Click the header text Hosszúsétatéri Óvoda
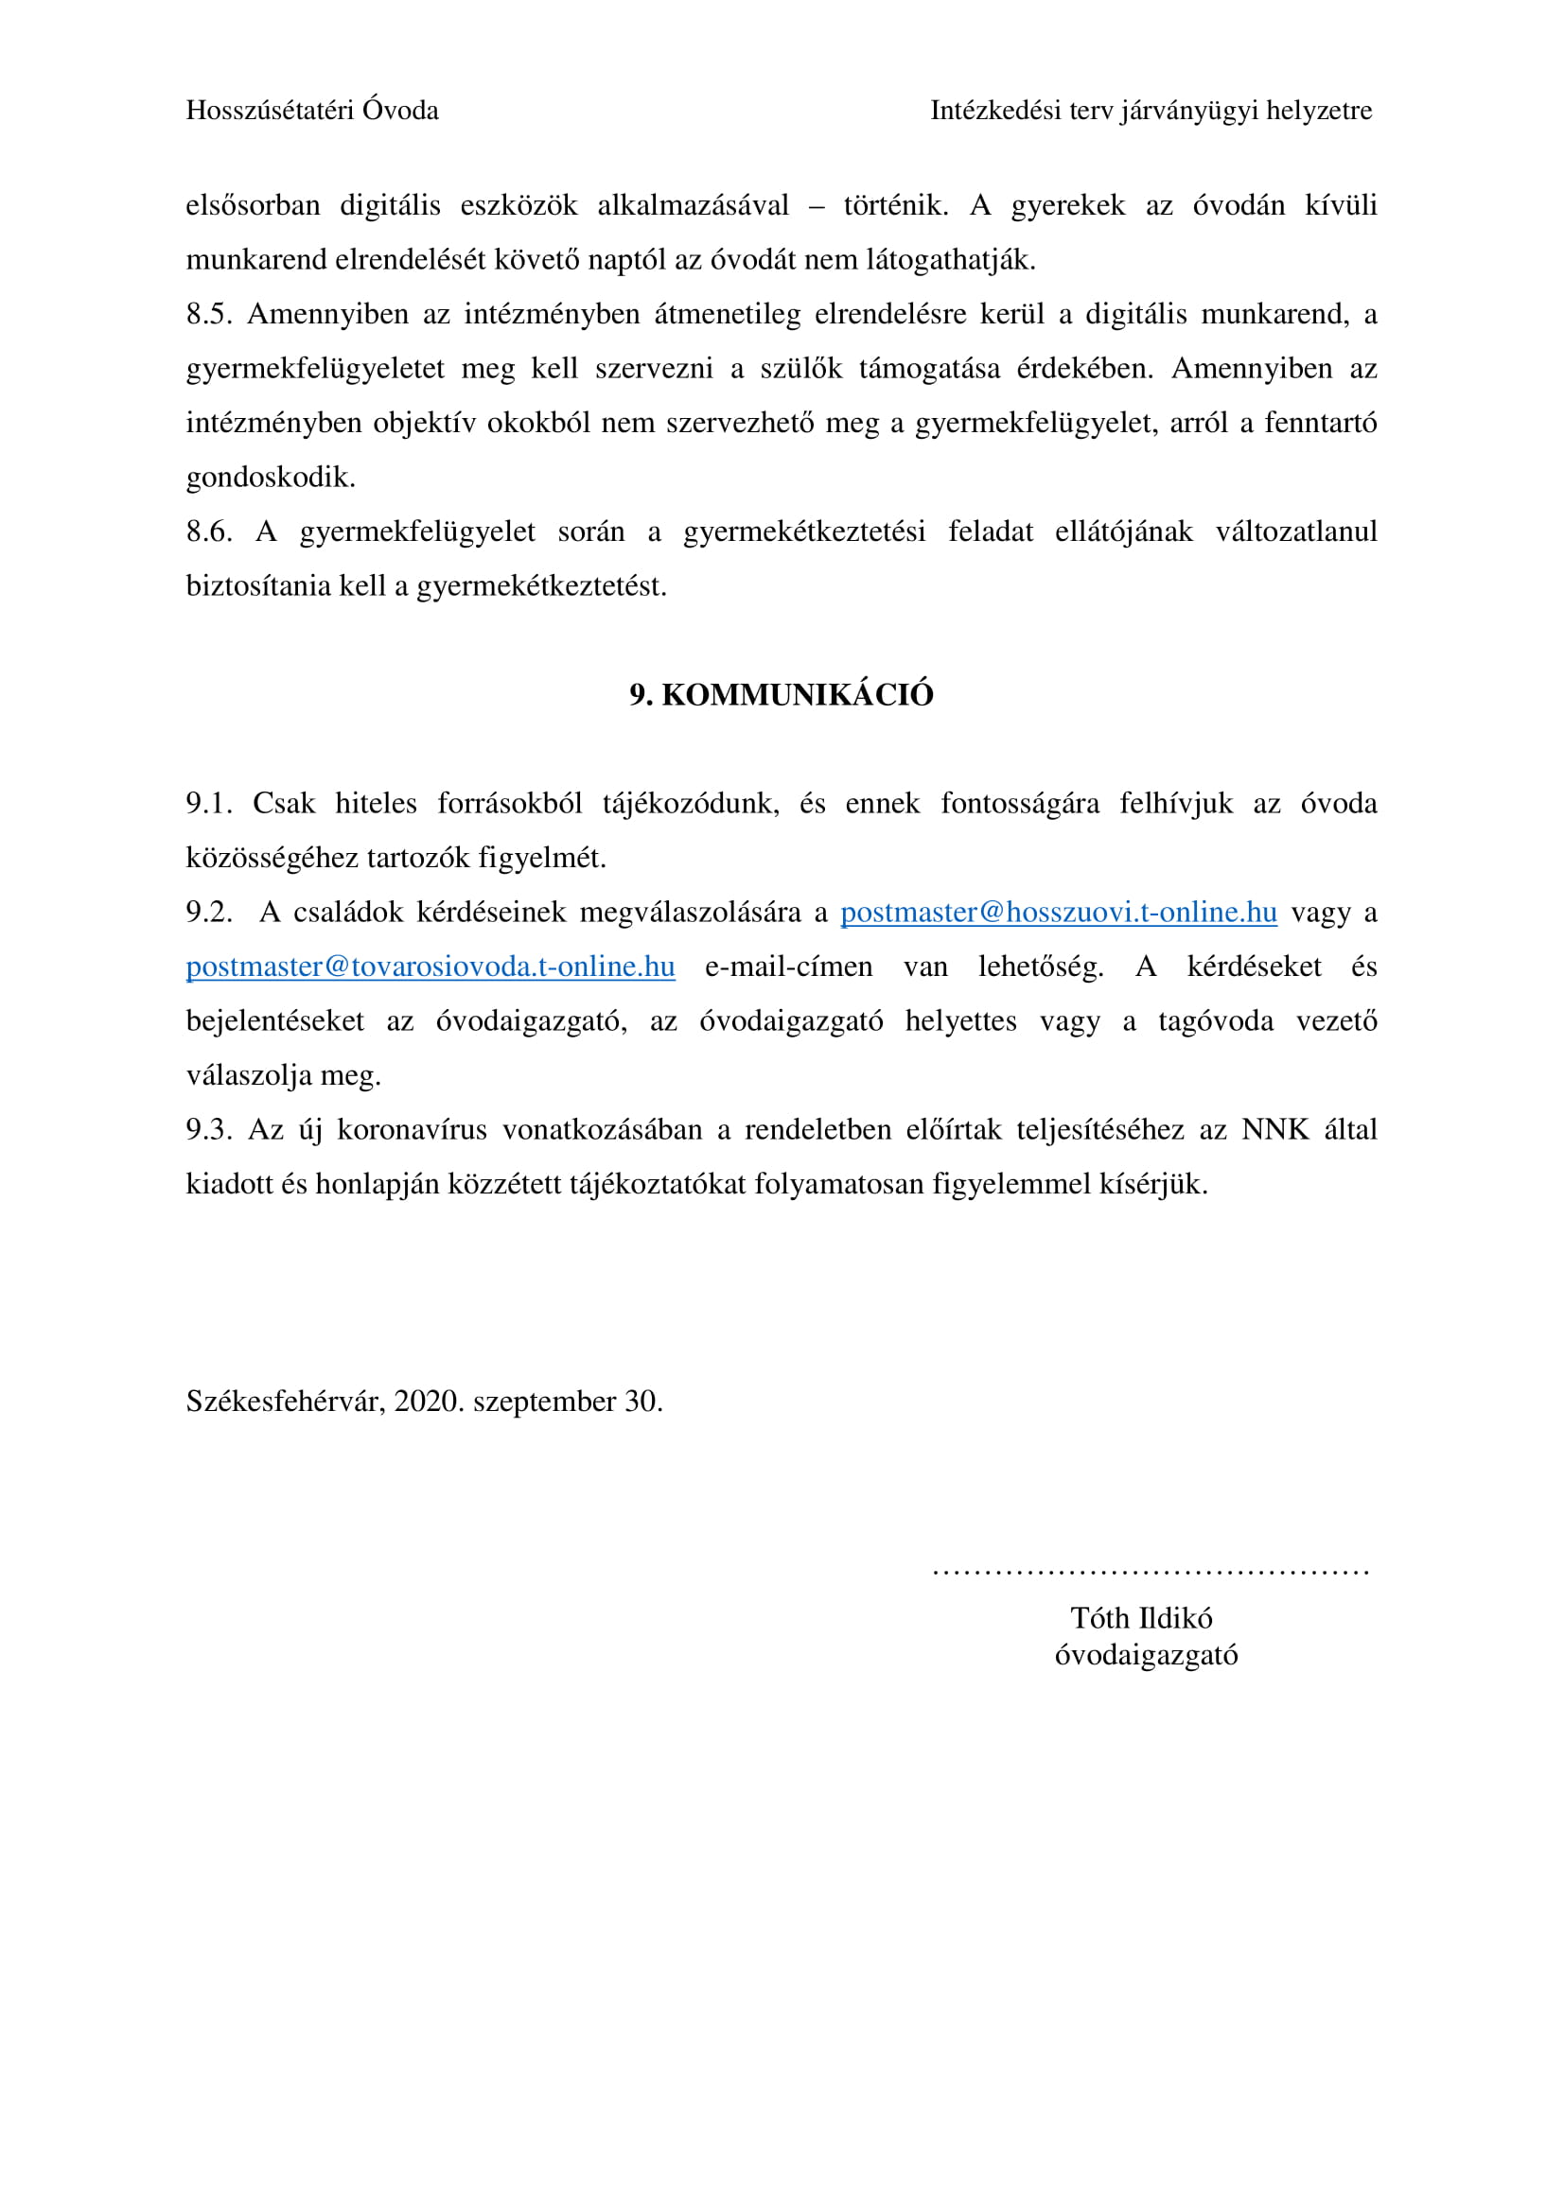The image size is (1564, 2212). [x=311, y=111]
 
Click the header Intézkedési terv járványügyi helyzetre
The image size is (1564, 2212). [x=1151, y=111]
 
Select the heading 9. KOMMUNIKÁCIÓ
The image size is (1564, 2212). [x=781, y=695]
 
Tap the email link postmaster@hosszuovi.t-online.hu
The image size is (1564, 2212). [x=1058, y=913]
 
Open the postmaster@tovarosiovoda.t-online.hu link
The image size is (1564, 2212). [x=430, y=967]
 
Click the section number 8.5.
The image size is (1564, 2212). [x=208, y=314]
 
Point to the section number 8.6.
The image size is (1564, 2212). [x=208, y=531]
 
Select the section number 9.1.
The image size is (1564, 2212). [x=208, y=804]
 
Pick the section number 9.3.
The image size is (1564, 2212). [x=208, y=1129]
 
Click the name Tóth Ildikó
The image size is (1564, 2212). [x=1141, y=1617]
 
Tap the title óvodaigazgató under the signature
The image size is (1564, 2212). [x=1146, y=1654]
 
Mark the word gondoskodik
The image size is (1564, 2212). [x=270, y=478]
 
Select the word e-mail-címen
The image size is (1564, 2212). [x=788, y=967]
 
